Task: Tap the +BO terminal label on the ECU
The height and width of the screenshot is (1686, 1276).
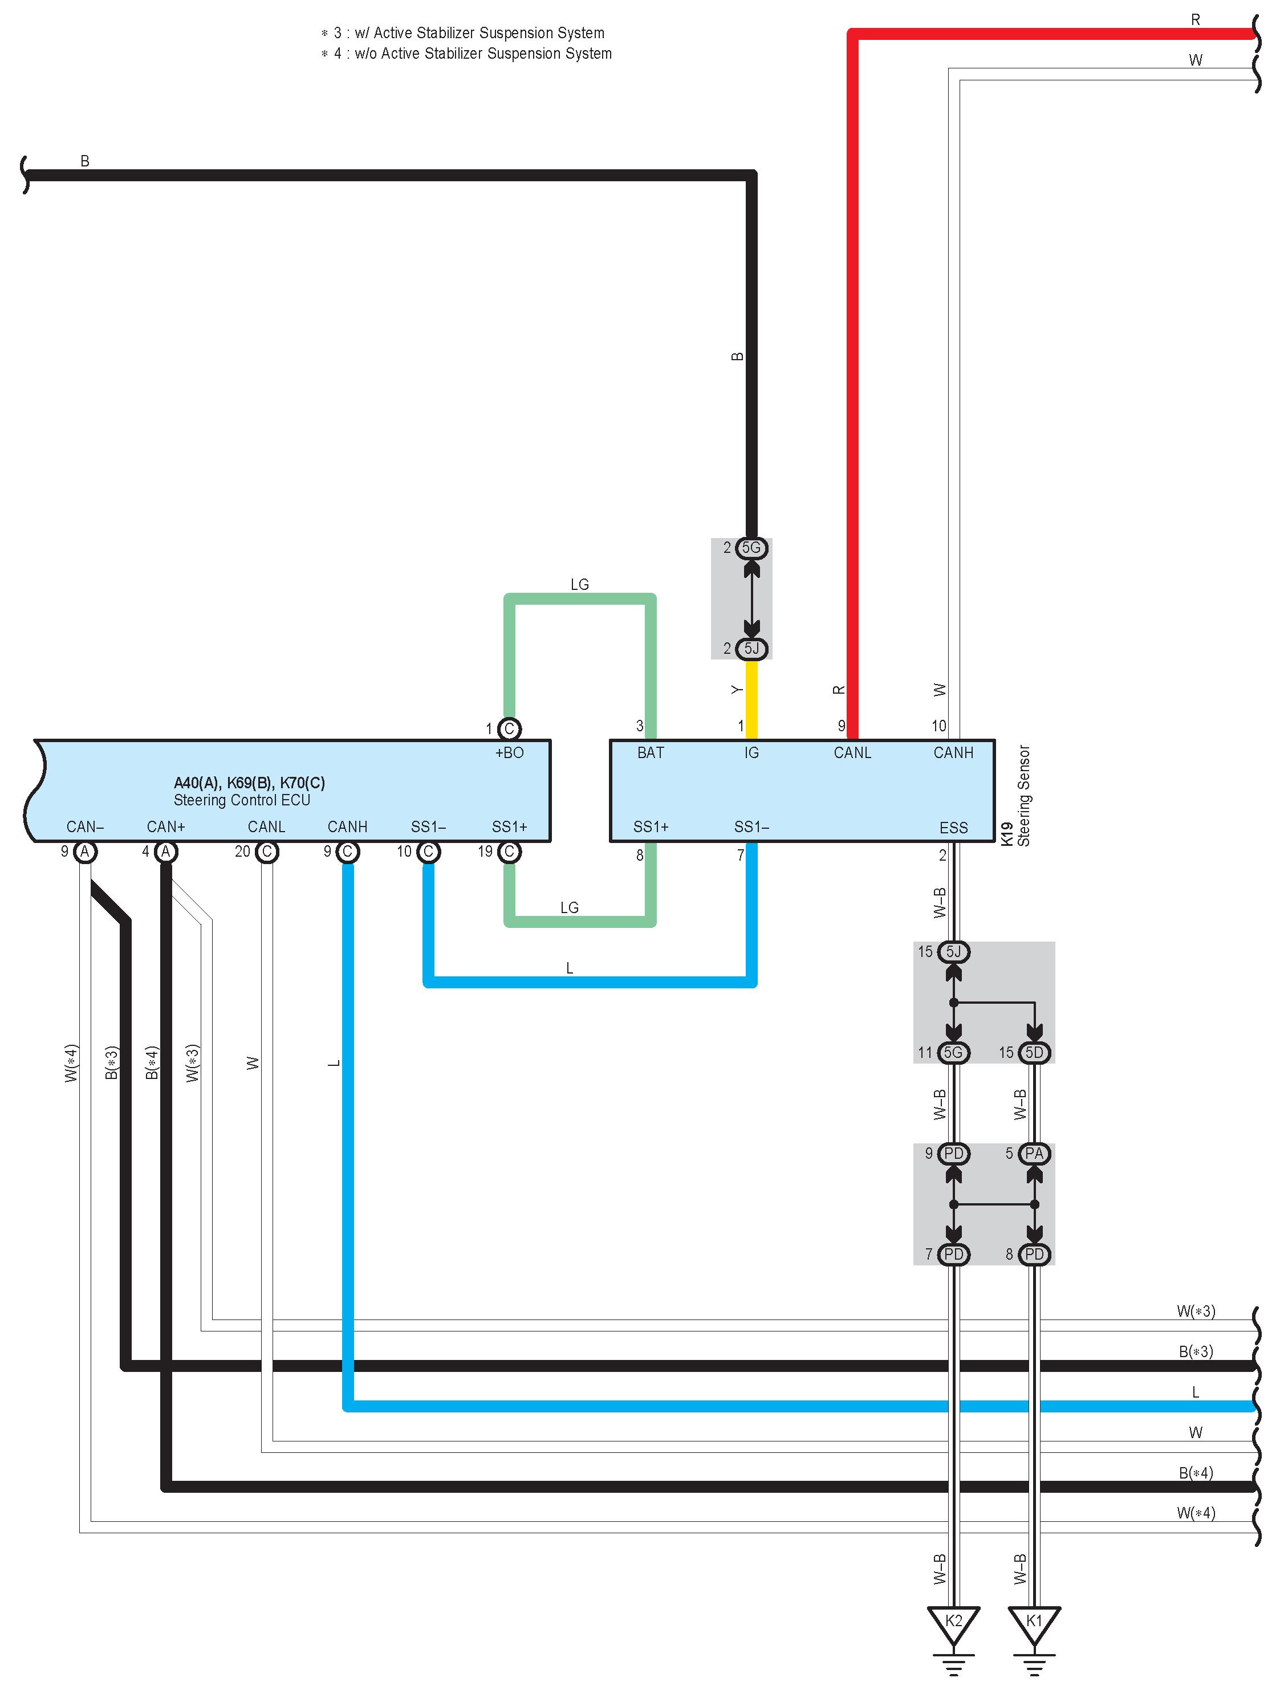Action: pos(509,753)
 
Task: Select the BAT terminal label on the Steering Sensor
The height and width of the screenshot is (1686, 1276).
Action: pos(650,753)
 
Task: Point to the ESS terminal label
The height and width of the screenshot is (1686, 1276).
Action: pos(953,828)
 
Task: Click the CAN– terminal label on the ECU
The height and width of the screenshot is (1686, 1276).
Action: pos(84,827)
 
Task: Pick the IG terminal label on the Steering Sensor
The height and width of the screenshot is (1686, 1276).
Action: pos(751,753)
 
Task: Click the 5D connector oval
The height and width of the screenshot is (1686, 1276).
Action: pos(1034,1053)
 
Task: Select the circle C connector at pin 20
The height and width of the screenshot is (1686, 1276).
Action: pos(266,852)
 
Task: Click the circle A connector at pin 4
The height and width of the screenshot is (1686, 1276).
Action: pos(165,852)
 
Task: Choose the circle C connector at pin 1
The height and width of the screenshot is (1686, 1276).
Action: pos(509,728)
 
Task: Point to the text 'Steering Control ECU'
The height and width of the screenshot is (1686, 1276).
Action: pos(242,800)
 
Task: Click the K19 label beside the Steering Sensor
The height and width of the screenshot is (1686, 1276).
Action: pos(1006,833)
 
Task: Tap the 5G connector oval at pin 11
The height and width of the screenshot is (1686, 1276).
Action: pos(953,1053)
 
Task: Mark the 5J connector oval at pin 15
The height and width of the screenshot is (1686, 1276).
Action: pos(953,952)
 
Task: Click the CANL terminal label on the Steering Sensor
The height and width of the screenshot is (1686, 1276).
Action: pos(852,753)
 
